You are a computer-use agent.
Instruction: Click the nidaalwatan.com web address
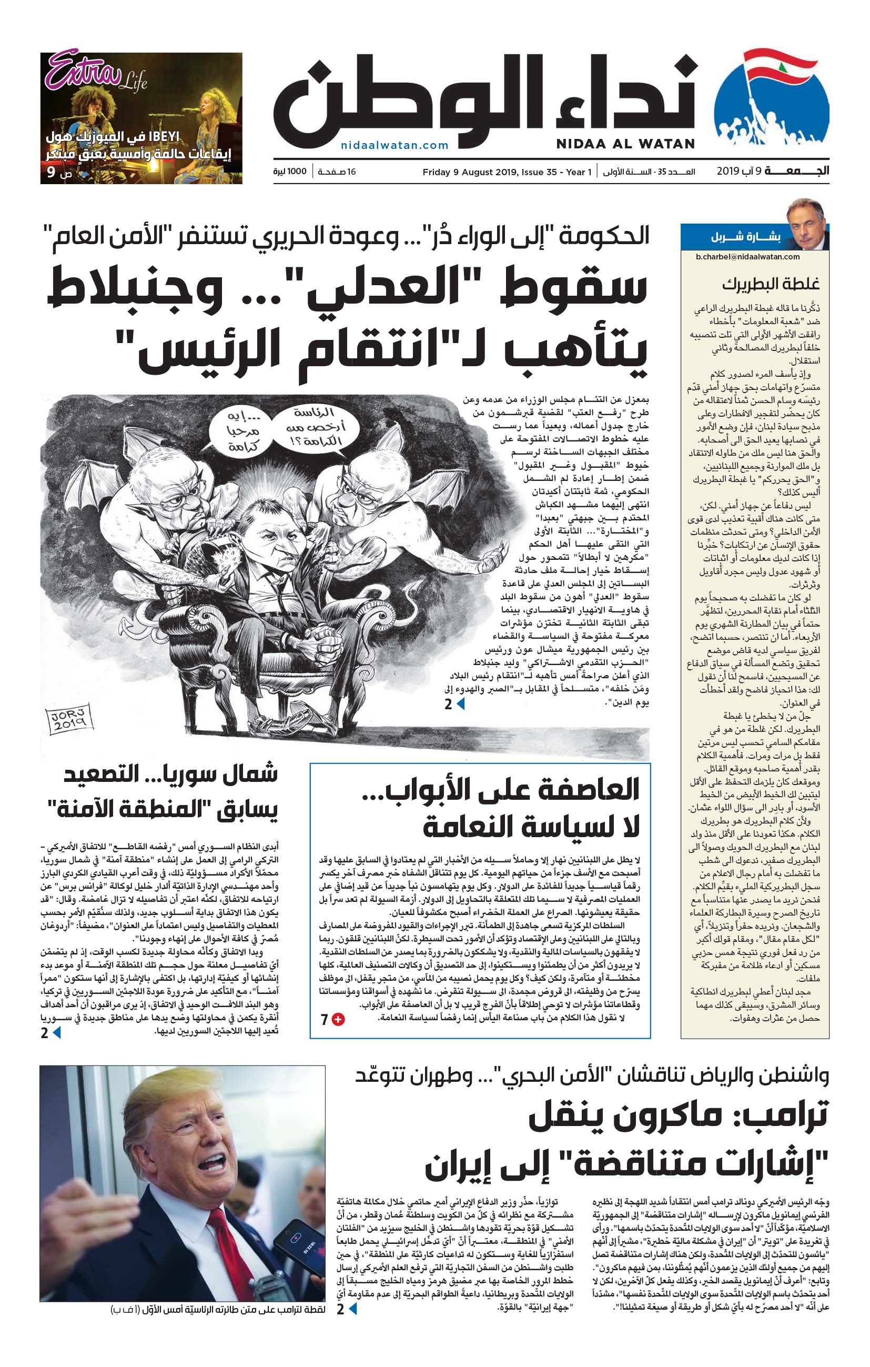tap(395, 145)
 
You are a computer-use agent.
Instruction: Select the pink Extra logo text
tap(84, 71)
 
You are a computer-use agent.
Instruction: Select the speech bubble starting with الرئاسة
tap(315, 426)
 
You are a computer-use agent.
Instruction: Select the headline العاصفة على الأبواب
tap(501, 789)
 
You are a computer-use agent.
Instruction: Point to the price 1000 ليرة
tap(289, 172)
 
